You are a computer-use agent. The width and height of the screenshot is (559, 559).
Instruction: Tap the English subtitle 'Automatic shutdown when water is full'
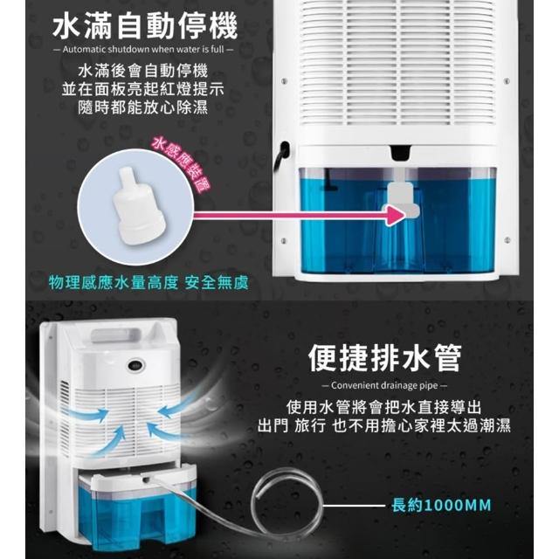[x=143, y=49]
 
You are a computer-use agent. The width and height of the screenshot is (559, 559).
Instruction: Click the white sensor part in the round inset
[x=140, y=207]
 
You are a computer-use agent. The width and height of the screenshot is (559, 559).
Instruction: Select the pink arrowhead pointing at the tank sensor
[x=396, y=215]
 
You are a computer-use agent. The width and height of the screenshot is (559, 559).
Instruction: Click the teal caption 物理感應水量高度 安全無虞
[x=148, y=283]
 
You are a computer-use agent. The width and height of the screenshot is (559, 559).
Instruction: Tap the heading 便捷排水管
[x=384, y=358]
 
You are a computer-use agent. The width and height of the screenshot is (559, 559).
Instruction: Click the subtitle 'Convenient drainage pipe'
[x=384, y=385]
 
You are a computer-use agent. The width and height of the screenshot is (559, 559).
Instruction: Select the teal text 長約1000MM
[x=441, y=505]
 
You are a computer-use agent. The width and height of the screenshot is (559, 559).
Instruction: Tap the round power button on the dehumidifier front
[x=135, y=365]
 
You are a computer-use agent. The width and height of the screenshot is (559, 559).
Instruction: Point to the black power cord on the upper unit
[x=281, y=155]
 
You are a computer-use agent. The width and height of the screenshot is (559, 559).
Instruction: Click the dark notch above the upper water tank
[x=402, y=152]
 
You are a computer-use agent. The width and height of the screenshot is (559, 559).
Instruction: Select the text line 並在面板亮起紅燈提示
[x=142, y=89]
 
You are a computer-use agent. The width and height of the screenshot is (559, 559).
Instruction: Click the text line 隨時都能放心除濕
[x=142, y=107]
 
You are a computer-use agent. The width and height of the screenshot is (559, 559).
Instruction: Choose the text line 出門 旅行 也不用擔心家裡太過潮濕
[x=384, y=425]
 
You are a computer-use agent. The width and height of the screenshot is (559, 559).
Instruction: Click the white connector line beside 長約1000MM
[x=354, y=506]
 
